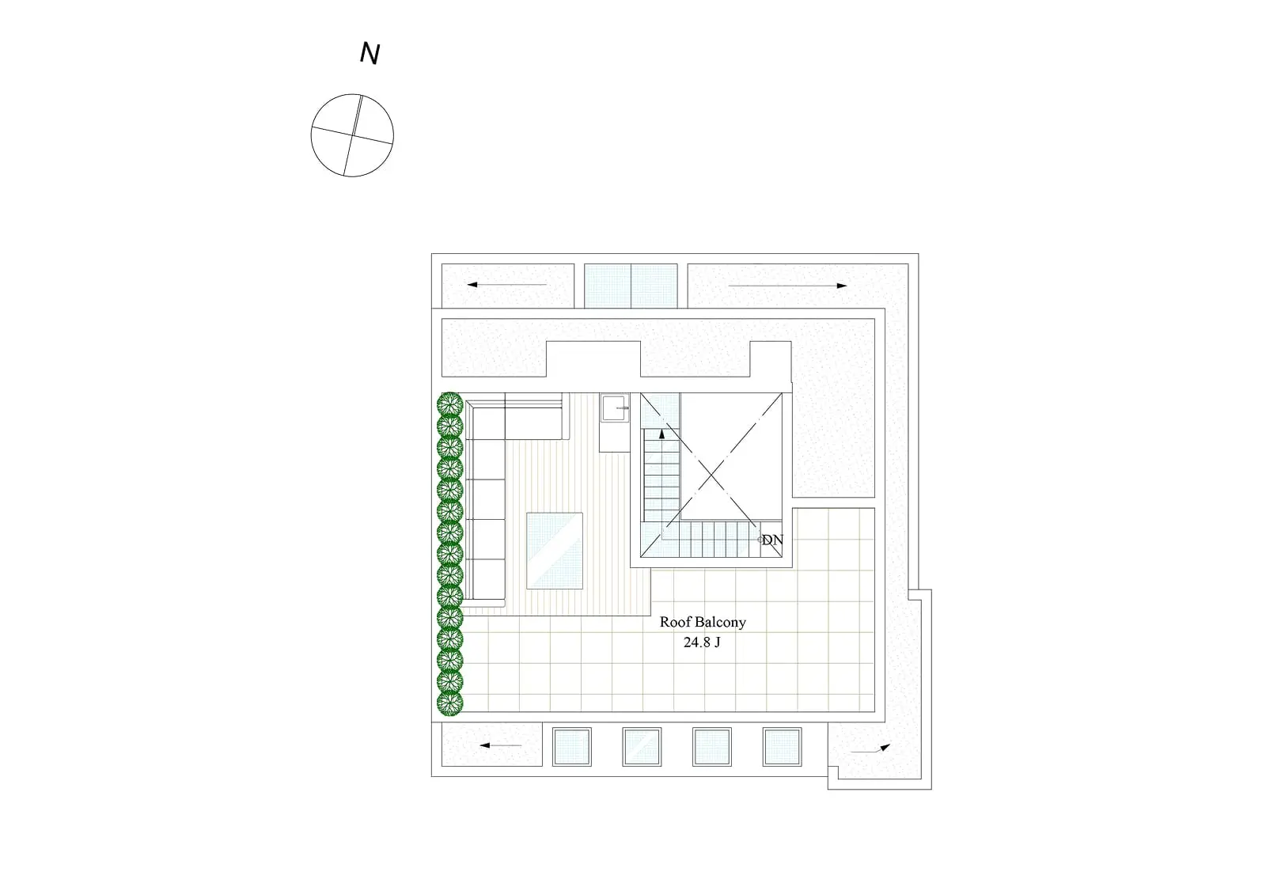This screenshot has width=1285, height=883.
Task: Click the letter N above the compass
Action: [370, 53]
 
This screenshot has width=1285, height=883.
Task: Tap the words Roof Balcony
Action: [703, 622]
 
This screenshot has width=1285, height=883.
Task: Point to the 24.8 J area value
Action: [702, 642]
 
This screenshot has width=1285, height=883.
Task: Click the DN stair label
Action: [773, 540]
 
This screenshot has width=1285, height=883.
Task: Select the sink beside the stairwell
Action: [614, 408]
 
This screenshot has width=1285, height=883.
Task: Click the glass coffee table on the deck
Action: [555, 551]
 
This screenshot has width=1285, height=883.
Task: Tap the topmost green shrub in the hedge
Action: [449, 404]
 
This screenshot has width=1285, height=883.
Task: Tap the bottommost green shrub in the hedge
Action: [449, 703]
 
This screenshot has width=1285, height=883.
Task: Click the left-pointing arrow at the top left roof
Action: [507, 285]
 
